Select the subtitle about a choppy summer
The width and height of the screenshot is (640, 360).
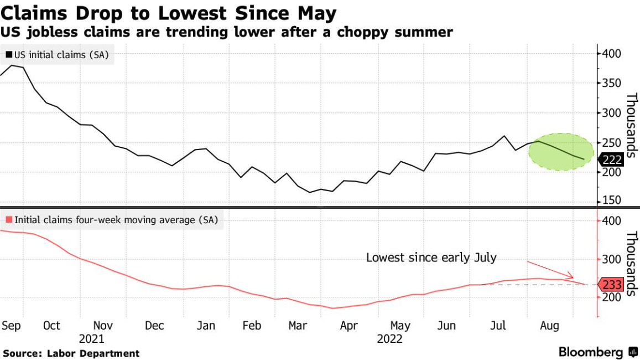click(227, 32)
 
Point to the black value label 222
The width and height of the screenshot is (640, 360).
click(612, 161)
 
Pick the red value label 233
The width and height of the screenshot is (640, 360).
click(612, 285)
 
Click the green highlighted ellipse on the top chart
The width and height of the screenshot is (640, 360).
click(561, 151)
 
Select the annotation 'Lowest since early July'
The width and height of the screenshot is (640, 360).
click(431, 258)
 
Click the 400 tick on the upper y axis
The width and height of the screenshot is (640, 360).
click(612, 54)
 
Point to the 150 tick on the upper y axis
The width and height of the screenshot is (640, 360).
click(612, 200)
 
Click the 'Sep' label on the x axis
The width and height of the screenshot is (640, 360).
click(11, 326)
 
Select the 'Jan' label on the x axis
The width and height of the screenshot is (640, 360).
click(206, 326)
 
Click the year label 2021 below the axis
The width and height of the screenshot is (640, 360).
click(91, 338)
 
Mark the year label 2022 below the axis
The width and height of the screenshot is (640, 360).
click(390, 338)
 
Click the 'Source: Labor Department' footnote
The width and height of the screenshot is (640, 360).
click(71, 353)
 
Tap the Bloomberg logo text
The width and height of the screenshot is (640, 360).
click(592, 352)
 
